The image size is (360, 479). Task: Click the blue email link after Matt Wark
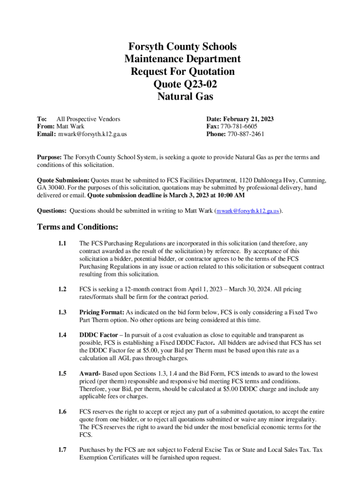[x=248, y=211]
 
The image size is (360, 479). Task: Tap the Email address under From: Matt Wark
[x=93, y=134]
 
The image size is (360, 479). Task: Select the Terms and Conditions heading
[x=77, y=227]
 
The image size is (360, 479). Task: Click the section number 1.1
[x=62, y=244]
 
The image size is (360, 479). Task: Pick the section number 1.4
[x=62, y=335]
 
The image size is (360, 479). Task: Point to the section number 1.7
[x=62, y=450]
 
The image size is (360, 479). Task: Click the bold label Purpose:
[x=50, y=157]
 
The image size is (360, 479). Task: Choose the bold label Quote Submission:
[x=63, y=180]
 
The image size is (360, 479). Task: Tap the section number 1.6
[x=62, y=412]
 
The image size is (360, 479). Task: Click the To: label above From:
[x=42, y=119]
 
